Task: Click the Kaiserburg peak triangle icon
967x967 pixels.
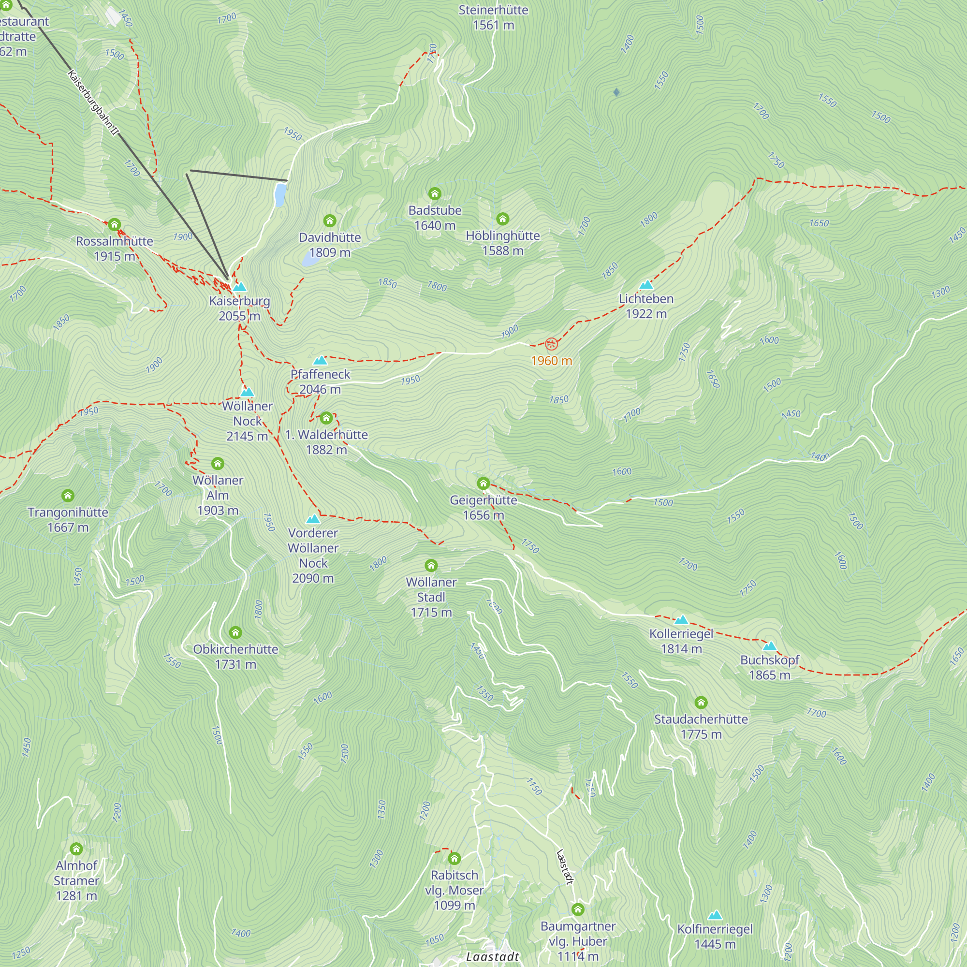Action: pyautogui.click(x=240, y=287)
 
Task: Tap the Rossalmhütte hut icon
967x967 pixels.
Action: pyautogui.click(x=114, y=224)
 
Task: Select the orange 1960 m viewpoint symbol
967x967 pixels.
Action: pyautogui.click(x=551, y=344)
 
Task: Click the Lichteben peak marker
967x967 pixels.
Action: pyautogui.click(x=646, y=285)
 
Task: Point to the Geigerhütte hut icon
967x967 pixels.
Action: pyautogui.click(x=483, y=483)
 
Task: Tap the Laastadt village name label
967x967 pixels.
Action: pyautogui.click(x=493, y=956)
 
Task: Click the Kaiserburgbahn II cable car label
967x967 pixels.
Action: pyautogui.click(x=93, y=103)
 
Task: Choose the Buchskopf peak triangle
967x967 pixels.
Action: pyautogui.click(x=769, y=646)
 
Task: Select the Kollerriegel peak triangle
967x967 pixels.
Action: pyautogui.click(x=681, y=620)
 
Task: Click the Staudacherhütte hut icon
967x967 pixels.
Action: pyautogui.click(x=701, y=703)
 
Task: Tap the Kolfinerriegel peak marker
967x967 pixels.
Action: pyautogui.click(x=715, y=915)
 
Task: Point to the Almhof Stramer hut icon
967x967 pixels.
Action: pyautogui.click(x=76, y=849)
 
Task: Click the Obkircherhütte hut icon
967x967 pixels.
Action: pyautogui.click(x=235, y=632)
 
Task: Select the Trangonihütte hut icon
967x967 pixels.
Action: pyautogui.click(x=68, y=496)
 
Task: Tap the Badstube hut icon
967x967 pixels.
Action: pyautogui.click(x=435, y=194)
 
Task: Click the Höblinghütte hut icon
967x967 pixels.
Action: pyautogui.click(x=502, y=219)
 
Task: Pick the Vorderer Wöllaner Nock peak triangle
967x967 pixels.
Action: pyautogui.click(x=313, y=519)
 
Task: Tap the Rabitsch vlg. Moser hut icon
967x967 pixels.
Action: pyautogui.click(x=454, y=859)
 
